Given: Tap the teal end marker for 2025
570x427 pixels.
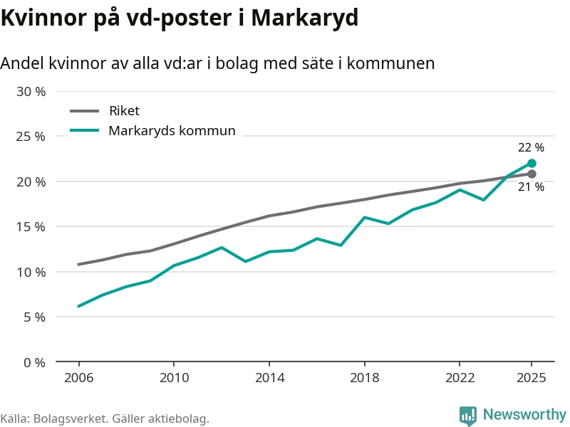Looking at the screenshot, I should pyautogui.click(x=532, y=163).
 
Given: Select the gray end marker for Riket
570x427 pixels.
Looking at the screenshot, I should pyautogui.click(x=532, y=174).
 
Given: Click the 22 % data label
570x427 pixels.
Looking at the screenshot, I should pyautogui.click(x=531, y=148).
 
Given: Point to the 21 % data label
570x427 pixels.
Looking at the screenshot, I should pyautogui.click(x=531, y=187).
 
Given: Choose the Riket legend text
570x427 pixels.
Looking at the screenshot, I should pyautogui.click(x=124, y=111).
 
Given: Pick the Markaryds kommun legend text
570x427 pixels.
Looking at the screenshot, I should pyautogui.click(x=172, y=131).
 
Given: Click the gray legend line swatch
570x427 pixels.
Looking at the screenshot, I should pyautogui.click(x=85, y=111).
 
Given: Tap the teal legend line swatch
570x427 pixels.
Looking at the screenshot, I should pyautogui.click(x=85, y=131).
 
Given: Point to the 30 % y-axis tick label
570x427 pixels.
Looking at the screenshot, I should pyautogui.click(x=31, y=91).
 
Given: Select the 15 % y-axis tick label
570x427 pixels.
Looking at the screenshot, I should pyautogui.click(x=31, y=226).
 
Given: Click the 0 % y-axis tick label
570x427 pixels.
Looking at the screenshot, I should pyautogui.click(x=34, y=362).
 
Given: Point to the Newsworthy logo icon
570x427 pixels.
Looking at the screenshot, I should pyautogui.click(x=468, y=416).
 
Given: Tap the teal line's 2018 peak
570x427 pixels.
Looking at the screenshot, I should pyautogui.click(x=364, y=217).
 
